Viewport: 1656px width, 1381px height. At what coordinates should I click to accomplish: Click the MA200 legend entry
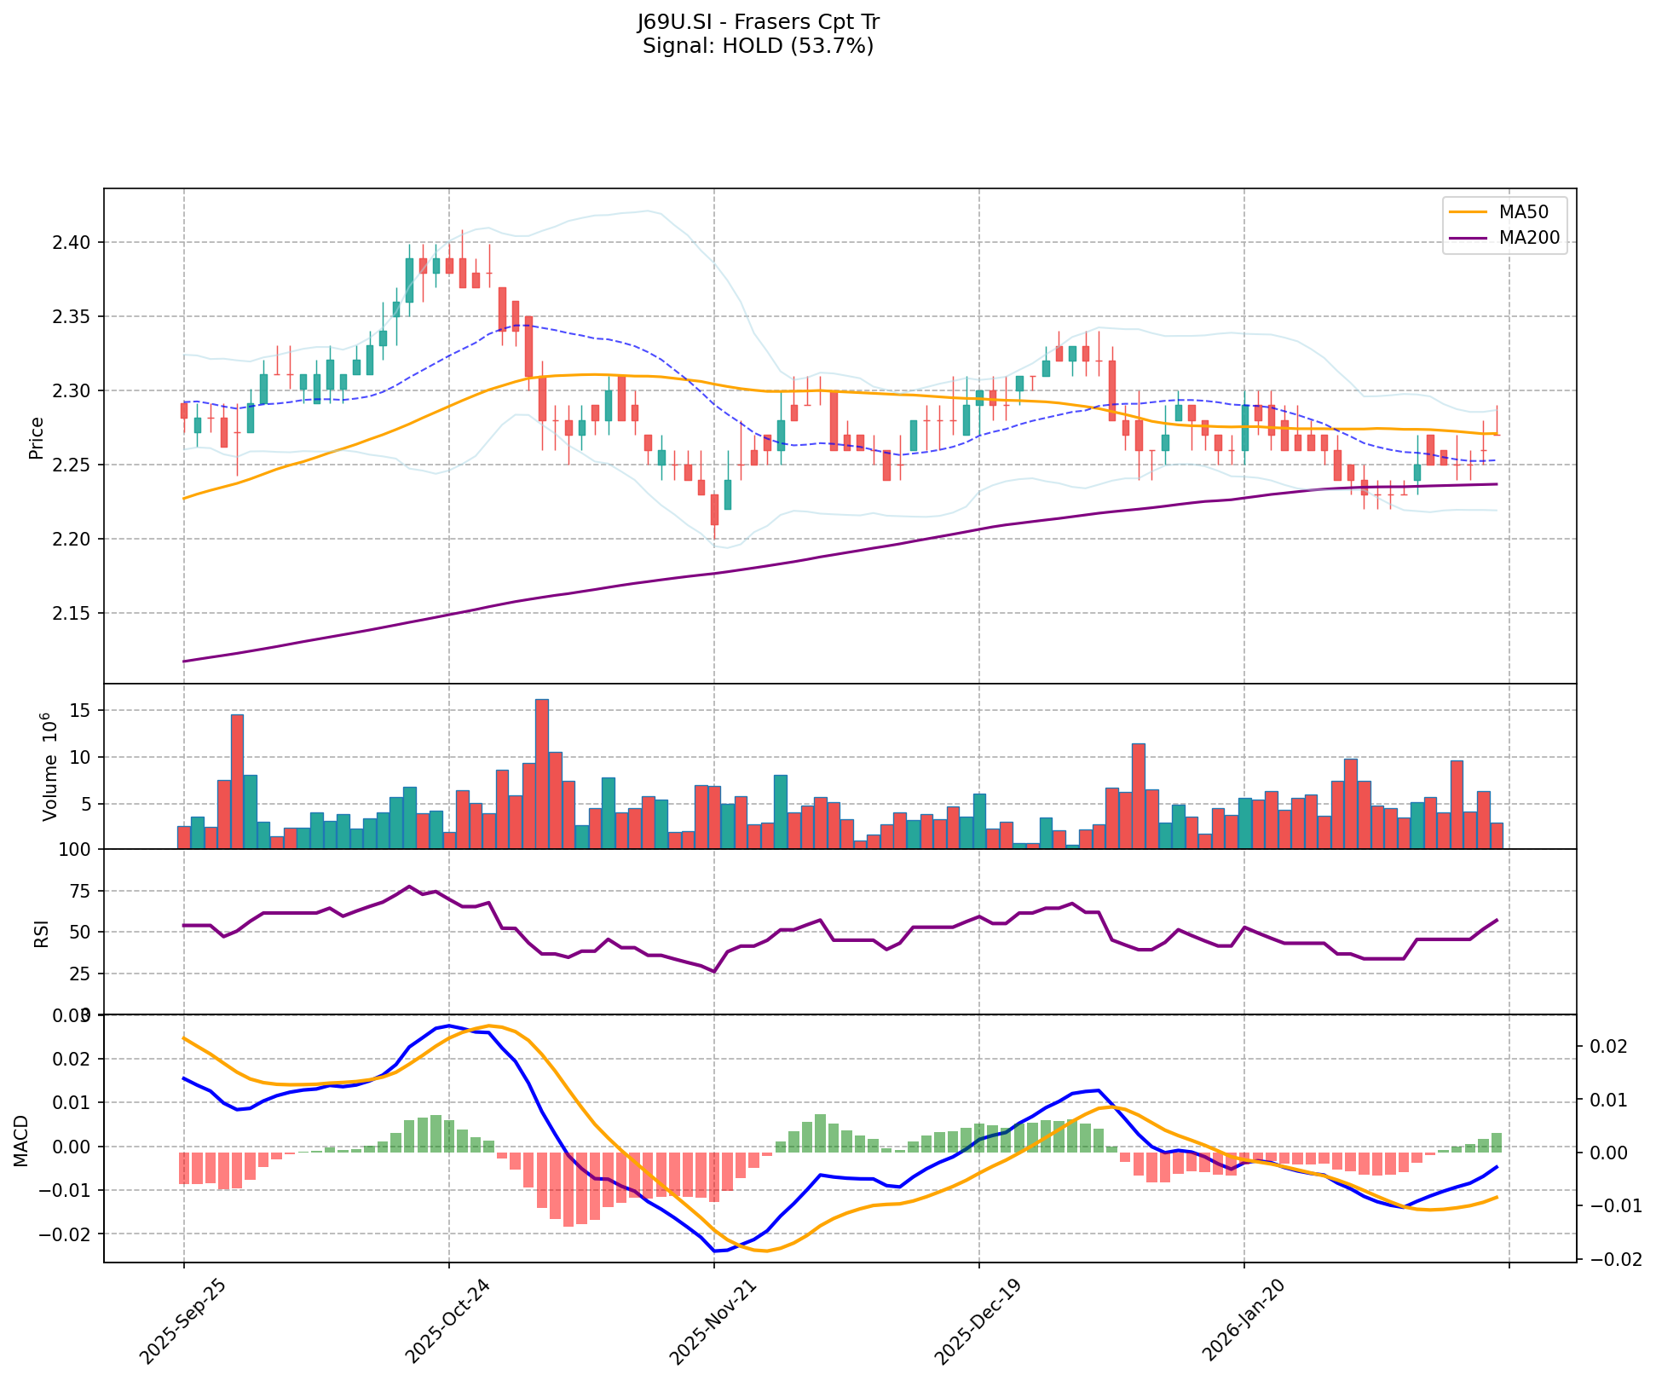(1529, 238)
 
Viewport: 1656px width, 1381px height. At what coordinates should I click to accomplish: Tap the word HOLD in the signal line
(752, 46)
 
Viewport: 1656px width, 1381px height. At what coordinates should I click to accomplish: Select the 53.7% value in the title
(838, 46)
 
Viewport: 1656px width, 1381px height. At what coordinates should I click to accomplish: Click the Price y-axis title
(36, 437)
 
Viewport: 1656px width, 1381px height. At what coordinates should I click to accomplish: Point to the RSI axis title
(41, 933)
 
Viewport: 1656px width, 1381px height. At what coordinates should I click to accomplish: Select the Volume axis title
(49, 767)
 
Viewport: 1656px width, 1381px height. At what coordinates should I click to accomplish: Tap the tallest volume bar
(542, 773)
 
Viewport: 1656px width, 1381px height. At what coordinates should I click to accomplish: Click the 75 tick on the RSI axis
(78, 892)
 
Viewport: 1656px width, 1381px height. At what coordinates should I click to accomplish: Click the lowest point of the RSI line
(714, 971)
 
